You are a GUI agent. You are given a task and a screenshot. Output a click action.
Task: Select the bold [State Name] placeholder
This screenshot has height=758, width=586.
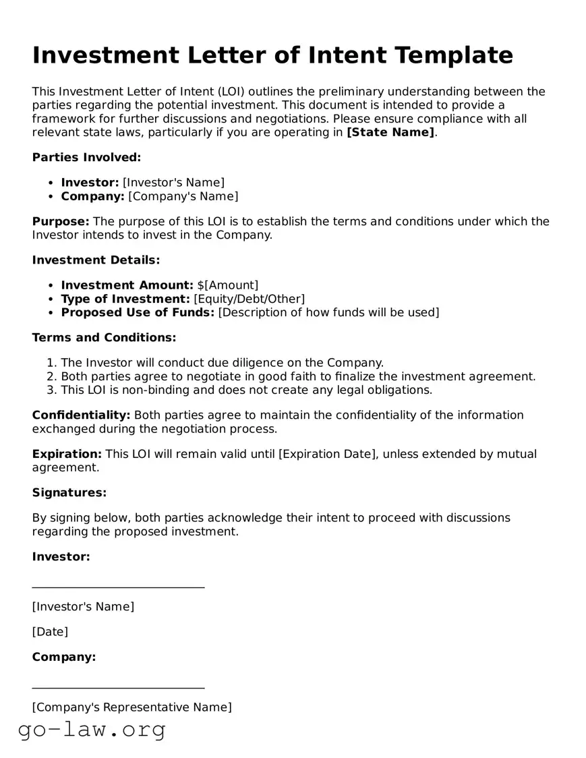point(390,132)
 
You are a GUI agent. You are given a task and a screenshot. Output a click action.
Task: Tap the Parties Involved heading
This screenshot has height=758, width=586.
point(86,157)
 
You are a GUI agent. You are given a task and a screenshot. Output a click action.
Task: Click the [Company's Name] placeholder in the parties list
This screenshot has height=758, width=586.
point(183,196)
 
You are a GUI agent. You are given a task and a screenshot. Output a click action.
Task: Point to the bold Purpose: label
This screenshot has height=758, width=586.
point(61,221)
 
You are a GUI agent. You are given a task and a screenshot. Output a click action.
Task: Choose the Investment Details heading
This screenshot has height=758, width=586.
point(96,260)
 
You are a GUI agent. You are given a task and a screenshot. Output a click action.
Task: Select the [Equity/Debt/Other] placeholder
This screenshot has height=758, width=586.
point(249,298)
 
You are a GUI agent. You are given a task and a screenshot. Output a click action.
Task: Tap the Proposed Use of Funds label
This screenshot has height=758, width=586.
point(138,312)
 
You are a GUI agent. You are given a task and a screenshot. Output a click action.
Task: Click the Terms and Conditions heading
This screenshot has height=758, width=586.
point(104,337)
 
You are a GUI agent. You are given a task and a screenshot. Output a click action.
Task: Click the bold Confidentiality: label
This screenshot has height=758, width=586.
point(81,415)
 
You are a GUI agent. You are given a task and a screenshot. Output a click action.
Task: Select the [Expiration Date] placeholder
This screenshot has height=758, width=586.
point(327,454)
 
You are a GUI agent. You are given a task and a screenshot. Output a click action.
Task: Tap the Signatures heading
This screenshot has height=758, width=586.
point(69,492)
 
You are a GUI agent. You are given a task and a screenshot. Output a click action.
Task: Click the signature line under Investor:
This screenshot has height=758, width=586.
point(118,587)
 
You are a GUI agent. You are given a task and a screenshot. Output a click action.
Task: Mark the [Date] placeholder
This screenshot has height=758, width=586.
point(50,632)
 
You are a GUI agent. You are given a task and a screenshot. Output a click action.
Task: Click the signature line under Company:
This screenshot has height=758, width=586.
point(118,689)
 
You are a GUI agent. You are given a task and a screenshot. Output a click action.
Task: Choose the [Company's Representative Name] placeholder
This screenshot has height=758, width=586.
point(131,707)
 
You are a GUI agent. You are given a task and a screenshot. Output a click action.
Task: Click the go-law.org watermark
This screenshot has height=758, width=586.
point(92,730)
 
